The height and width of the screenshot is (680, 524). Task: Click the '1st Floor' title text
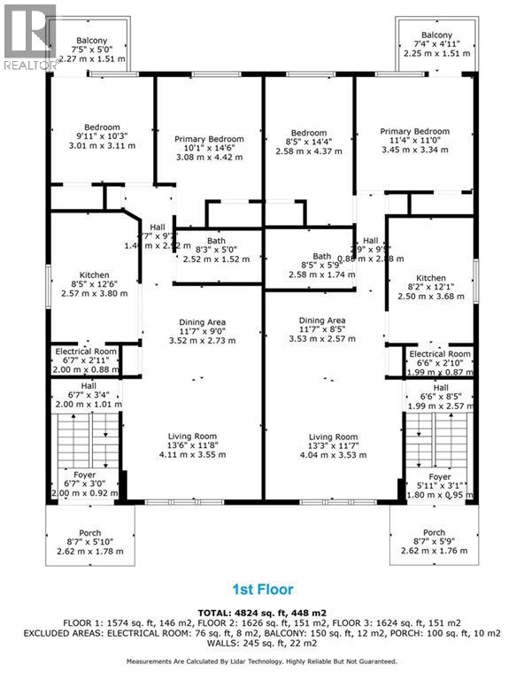pyautogui.click(x=262, y=589)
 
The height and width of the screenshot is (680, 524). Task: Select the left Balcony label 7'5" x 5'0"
pyautogui.click(x=91, y=50)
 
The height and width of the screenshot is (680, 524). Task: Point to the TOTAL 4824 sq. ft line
pyautogui.click(x=262, y=611)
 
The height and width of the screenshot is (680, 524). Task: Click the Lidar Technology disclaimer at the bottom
pyautogui.click(x=262, y=661)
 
